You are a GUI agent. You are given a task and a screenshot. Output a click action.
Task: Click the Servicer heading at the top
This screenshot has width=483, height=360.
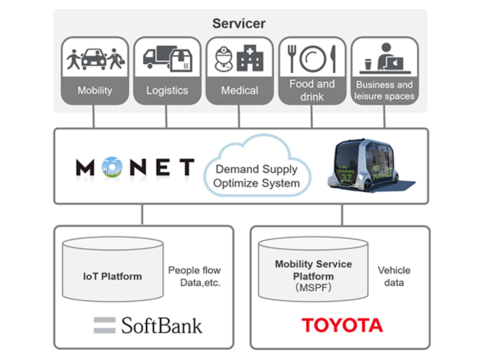pyautogui.click(x=238, y=24)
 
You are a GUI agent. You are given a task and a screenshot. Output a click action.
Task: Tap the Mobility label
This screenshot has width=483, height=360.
pyautogui.click(x=95, y=91)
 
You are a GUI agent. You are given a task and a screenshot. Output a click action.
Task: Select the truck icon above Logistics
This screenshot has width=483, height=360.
pyautogui.click(x=158, y=58)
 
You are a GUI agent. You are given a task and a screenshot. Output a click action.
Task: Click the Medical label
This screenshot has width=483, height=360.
pyautogui.click(x=239, y=91)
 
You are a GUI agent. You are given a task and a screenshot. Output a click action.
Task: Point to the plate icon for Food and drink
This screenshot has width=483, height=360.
pyautogui.click(x=313, y=58)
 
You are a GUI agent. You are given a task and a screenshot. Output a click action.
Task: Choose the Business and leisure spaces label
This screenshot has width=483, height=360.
pyautogui.click(x=385, y=90)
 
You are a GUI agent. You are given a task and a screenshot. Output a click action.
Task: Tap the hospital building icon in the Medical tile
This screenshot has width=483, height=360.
pyautogui.click(x=250, y=59)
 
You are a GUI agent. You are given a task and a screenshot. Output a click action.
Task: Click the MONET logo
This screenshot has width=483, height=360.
pyautogui.click(x=135, y=168)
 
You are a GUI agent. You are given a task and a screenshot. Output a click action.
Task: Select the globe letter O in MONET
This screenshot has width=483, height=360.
pyautogui.click(x=112, y=168)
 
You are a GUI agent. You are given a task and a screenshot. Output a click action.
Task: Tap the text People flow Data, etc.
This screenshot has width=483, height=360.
pyautogui.click(x=194, y=276)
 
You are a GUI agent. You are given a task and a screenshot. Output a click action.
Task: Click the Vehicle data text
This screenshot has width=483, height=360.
pyautogui.click(x=394, y=276)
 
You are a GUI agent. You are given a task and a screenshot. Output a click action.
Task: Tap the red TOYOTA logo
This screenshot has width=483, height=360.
pyautogui.click(x=342, y=326)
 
